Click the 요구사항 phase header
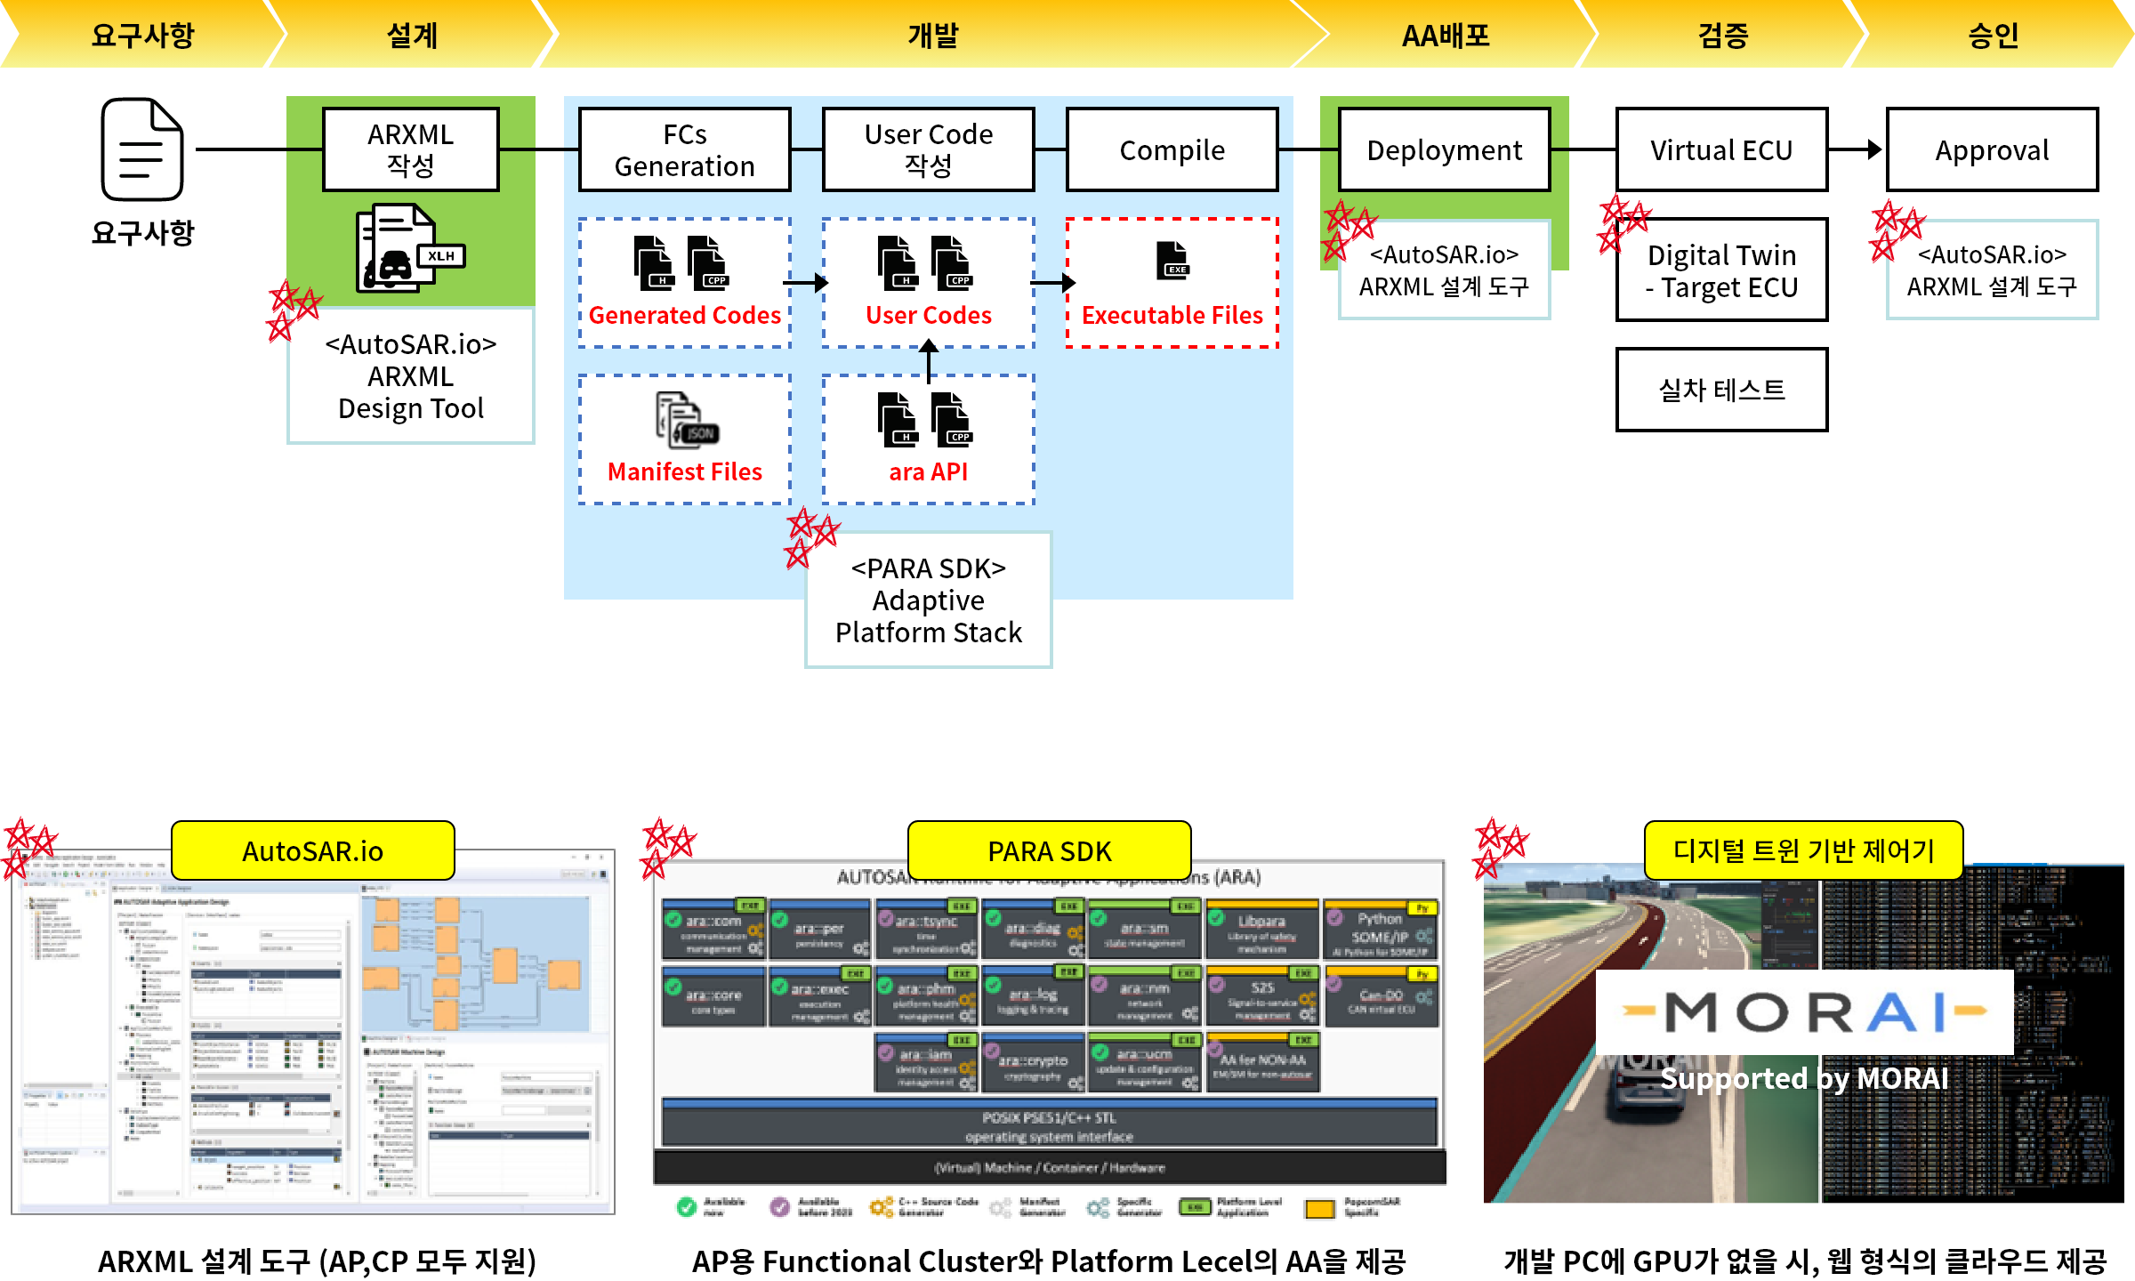(142, 36)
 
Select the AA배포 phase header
(1446, 36)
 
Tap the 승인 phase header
(1993, 36)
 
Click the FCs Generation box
(684, 149)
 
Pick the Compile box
(1172, 149)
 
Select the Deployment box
(1444, 149)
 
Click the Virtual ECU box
(1721, 149)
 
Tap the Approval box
(1992, 149)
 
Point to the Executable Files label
(1172, 315)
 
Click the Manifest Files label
(684, 471)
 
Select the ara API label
(928, 471)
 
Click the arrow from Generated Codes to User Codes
(806, 283)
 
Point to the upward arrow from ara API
(928, 361)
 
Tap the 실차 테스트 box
(1721, 390)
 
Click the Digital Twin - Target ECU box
(1721, 270)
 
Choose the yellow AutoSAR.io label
(312, 851)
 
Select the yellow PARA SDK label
(1049, 851)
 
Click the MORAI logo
(1804, 1012)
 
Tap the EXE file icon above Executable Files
(1172, 261)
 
